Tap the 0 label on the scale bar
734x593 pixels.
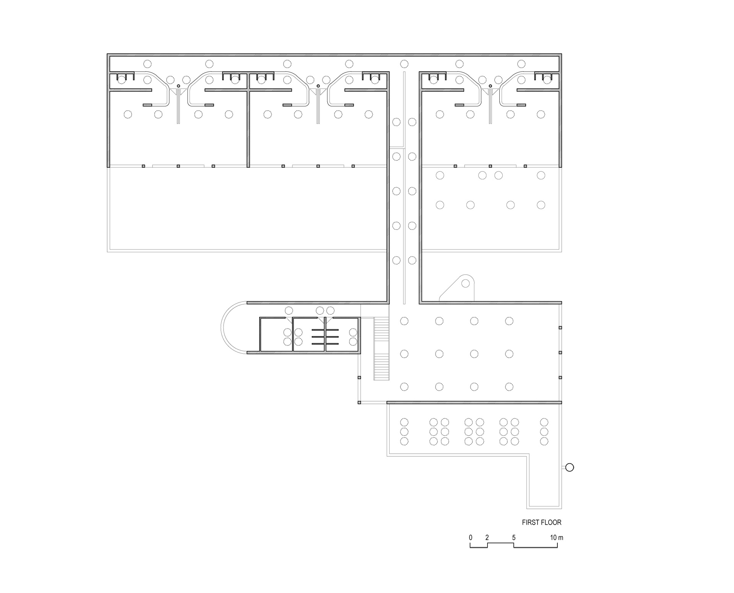471,537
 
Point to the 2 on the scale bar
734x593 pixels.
487,537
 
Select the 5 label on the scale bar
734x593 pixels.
514,537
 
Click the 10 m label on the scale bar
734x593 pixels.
557,537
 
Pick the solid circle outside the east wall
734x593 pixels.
570,467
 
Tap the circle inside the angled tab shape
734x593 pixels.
465,283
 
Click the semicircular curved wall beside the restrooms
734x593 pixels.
221,328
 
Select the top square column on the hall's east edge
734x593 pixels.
560,328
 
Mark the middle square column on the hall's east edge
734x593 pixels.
560,352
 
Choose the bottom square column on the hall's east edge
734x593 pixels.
560,377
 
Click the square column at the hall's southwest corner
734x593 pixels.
359,402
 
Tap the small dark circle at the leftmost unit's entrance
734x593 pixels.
179,86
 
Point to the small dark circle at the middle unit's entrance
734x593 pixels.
318,86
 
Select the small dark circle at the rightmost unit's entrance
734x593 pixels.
490,86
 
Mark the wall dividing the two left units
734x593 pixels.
248,121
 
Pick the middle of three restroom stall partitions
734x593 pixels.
325,337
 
